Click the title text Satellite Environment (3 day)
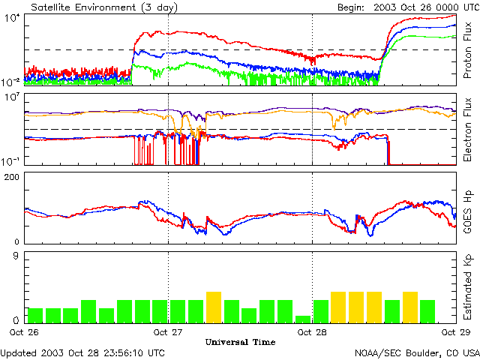(94, 6)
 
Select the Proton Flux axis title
(467, 49)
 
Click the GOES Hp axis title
(467, 208)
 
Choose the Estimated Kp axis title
(467, 287)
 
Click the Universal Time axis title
(240, 342)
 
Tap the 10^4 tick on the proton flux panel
(13, 19)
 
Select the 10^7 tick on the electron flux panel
(13, 98)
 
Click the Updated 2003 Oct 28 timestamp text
(83, 352)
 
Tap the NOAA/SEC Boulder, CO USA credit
(417, 352)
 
